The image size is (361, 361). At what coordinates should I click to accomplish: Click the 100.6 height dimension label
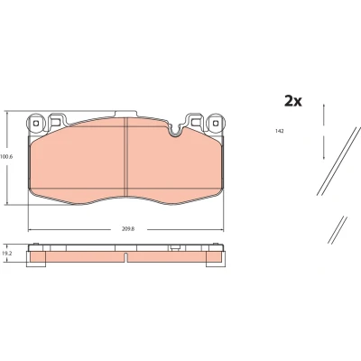[x=6, y=157]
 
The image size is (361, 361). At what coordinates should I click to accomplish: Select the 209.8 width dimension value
[x=128, y=228]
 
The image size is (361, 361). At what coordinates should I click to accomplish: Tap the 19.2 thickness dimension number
[x=5, y=254]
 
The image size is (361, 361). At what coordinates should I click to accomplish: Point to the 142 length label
[x=280, y=131]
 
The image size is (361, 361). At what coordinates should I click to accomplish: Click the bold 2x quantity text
[x=293, y=101]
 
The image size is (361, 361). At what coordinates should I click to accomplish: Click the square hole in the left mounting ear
[x=36, y=124]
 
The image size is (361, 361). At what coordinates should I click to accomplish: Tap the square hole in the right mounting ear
[x=215, y=124]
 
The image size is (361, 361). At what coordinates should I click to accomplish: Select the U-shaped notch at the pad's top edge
[x=175, y=131]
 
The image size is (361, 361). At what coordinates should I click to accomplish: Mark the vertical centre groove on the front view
[x=126, y=157]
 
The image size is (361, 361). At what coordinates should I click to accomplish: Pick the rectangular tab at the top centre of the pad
[x=126, y=114]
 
